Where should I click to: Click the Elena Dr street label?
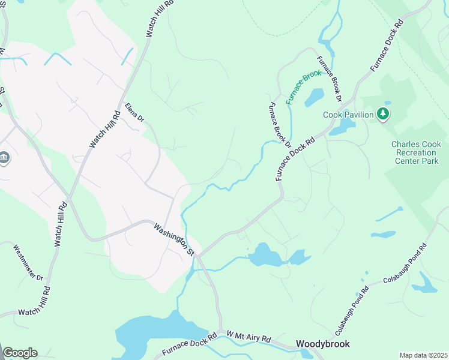pyautogui.click(x=135, y=112)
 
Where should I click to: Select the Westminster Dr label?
pyautogui.click(x=29, y=263)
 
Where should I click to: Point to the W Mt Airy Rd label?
pyautogui.click(x=249, y=336)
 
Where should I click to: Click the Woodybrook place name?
pyautogui.click(x=322, y=344)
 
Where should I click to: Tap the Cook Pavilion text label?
pyautogui.click(x=349, y=115)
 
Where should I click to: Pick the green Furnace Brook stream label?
pyautogui.click(x=304, y=86)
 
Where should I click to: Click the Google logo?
pyautogui.click(x=20, y=353)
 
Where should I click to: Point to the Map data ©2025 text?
pyautogui.click(x=423, y=355)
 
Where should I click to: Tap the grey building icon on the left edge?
pyautogui.click(x=4, y=158)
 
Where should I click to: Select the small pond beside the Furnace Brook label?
pyautogui.click(x=315, y=97)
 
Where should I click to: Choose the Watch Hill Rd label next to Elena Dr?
pyautogui.click(x=105, y=129)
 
